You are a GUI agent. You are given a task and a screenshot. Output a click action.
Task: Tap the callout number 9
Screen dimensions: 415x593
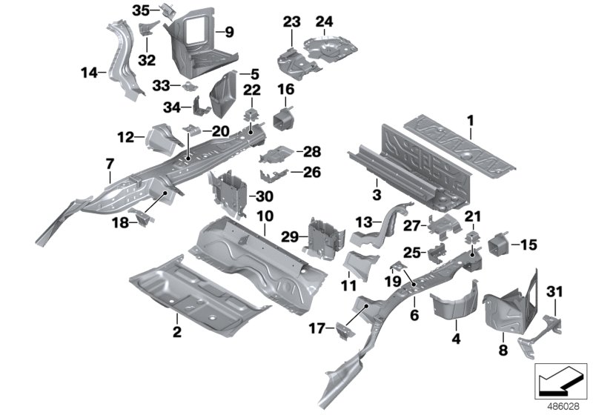[229, 32]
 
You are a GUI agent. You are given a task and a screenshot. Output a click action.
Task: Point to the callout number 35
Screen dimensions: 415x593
[141, 10]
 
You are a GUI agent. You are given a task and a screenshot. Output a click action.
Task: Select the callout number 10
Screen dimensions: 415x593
[264, 216]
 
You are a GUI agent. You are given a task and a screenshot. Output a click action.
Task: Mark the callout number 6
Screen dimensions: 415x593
[414, 314]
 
